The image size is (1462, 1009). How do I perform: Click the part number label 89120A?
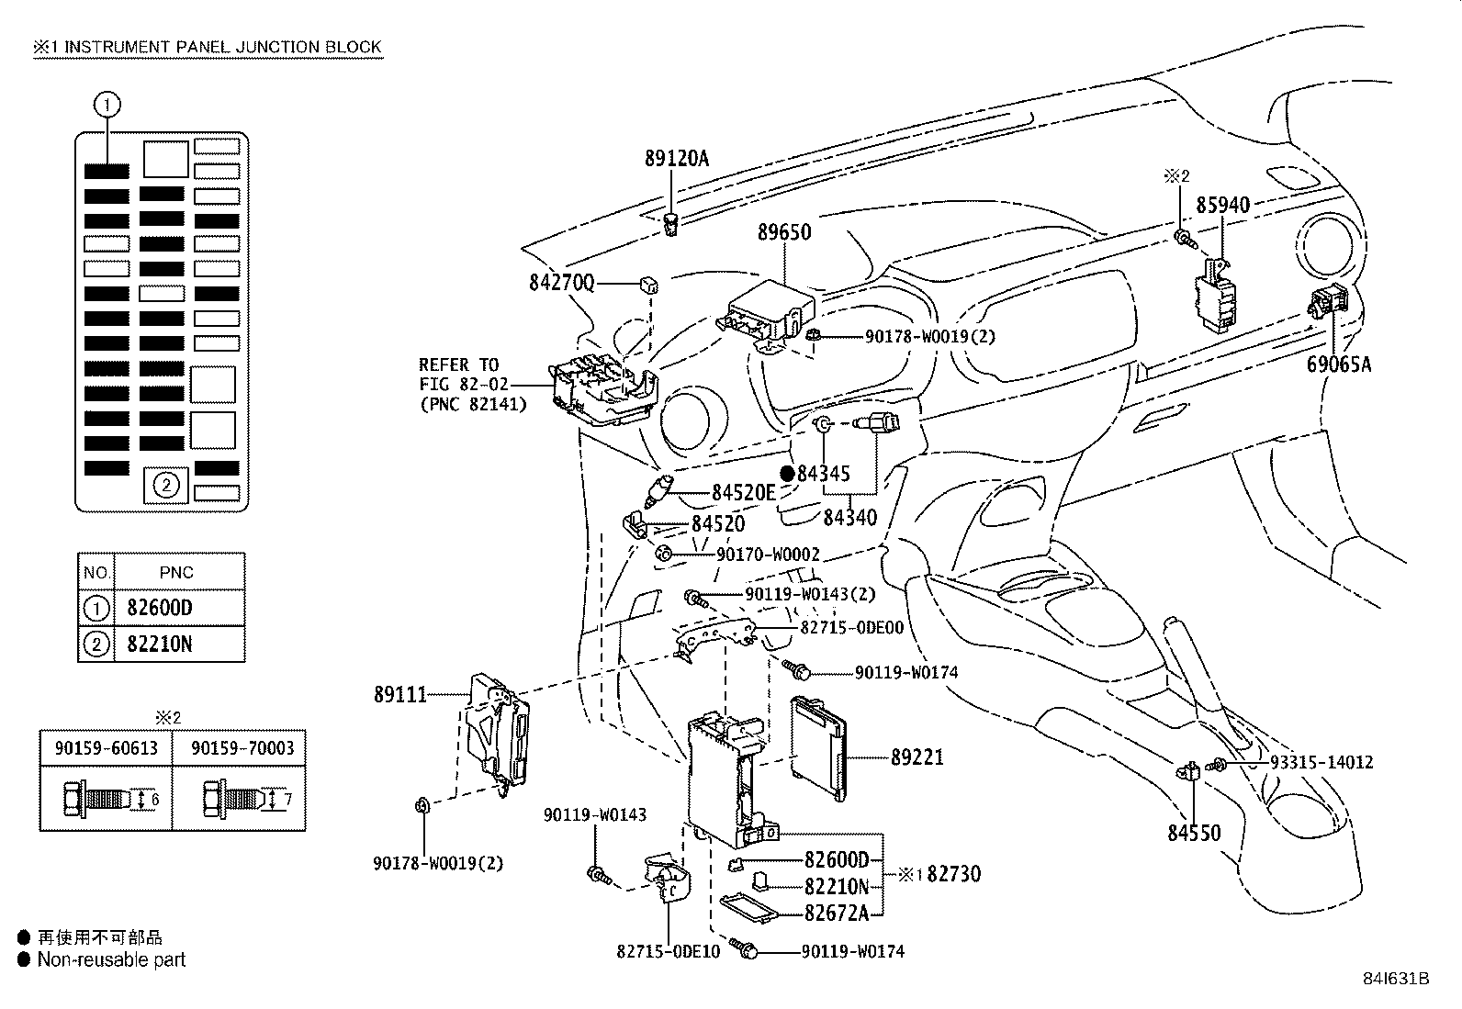coord(676,158)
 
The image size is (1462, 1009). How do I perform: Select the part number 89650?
coord(784,232)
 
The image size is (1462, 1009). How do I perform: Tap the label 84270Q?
coord(562,284)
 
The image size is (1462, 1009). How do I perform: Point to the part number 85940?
coord(1222,205)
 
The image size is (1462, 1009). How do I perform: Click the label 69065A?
coord(1339,364)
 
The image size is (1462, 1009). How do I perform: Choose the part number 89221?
coord(917,757)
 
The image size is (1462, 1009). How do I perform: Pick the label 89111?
coord(400,695)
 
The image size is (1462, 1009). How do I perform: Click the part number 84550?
coord(1194,834)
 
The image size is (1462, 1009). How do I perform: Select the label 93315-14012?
coord(1321,762)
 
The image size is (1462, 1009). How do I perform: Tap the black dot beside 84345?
coord(787,474)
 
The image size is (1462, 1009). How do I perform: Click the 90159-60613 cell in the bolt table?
coord(105,748)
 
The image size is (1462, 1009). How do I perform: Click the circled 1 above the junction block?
coord(107,106)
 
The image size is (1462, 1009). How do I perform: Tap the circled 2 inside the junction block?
coord(165,485)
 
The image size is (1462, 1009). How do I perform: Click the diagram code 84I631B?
coord(1397,979)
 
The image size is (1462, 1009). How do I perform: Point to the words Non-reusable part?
coord(111,960)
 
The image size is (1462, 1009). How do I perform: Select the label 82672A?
coord(836,913)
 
